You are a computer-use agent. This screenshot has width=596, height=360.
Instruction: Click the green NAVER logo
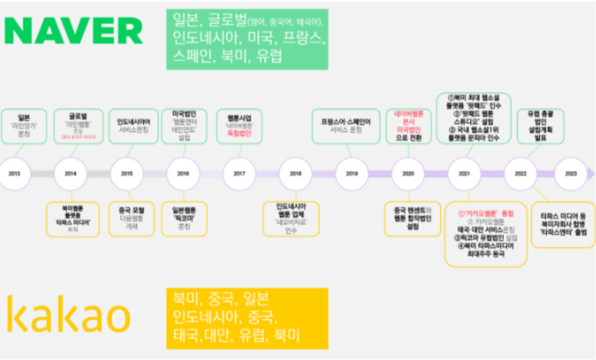tap(74, 31)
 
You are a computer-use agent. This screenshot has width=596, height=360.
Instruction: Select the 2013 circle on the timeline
tap(14, 174)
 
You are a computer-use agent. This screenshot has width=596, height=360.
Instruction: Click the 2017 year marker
tap(240, 174)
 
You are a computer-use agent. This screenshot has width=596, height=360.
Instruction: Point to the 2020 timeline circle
tap(408, 174)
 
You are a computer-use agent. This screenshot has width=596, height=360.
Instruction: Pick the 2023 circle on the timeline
tap(571, 174)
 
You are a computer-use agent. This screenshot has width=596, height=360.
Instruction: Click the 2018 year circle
tap(296, 174)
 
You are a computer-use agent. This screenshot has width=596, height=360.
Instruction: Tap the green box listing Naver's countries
tap(247, 39)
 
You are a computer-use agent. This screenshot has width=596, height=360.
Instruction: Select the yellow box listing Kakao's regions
tap(247, 318)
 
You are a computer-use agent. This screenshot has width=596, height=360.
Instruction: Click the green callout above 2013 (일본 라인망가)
tap(24, 126)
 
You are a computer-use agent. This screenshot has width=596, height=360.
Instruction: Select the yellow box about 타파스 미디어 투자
tap(72, 219)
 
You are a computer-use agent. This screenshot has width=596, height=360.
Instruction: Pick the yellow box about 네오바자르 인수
tap(292, 219)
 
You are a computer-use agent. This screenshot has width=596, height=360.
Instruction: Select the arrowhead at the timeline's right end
tap(592, 174)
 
